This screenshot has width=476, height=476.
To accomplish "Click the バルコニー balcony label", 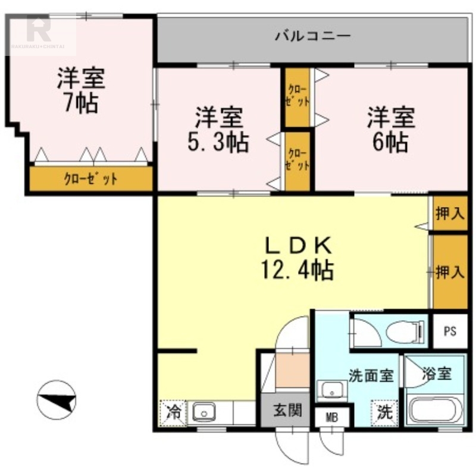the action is [313, 36].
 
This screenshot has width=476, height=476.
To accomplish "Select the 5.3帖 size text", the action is [218, 142].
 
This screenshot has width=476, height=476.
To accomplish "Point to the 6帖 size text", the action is [390, 142].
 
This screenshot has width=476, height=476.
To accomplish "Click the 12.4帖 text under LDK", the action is [297, 270].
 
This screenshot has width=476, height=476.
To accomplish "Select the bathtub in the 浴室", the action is [435, 410].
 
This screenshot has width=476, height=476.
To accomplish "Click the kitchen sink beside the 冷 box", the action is [204, 412].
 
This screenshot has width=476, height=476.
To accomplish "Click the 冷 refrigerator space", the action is [173, 412].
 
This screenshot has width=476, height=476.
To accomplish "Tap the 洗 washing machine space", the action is [384, 412].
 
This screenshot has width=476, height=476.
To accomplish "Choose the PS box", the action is [450, 331].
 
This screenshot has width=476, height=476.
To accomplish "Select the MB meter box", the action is [332, 418].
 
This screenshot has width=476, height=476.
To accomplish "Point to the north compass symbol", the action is [56, 399].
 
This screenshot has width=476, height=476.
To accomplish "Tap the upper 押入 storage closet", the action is [450, 213].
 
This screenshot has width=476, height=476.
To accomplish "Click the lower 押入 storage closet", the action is [450, 272].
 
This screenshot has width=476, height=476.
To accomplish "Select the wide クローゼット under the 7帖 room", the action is [91, 179].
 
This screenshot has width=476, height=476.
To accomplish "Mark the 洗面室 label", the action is [371, 376].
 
